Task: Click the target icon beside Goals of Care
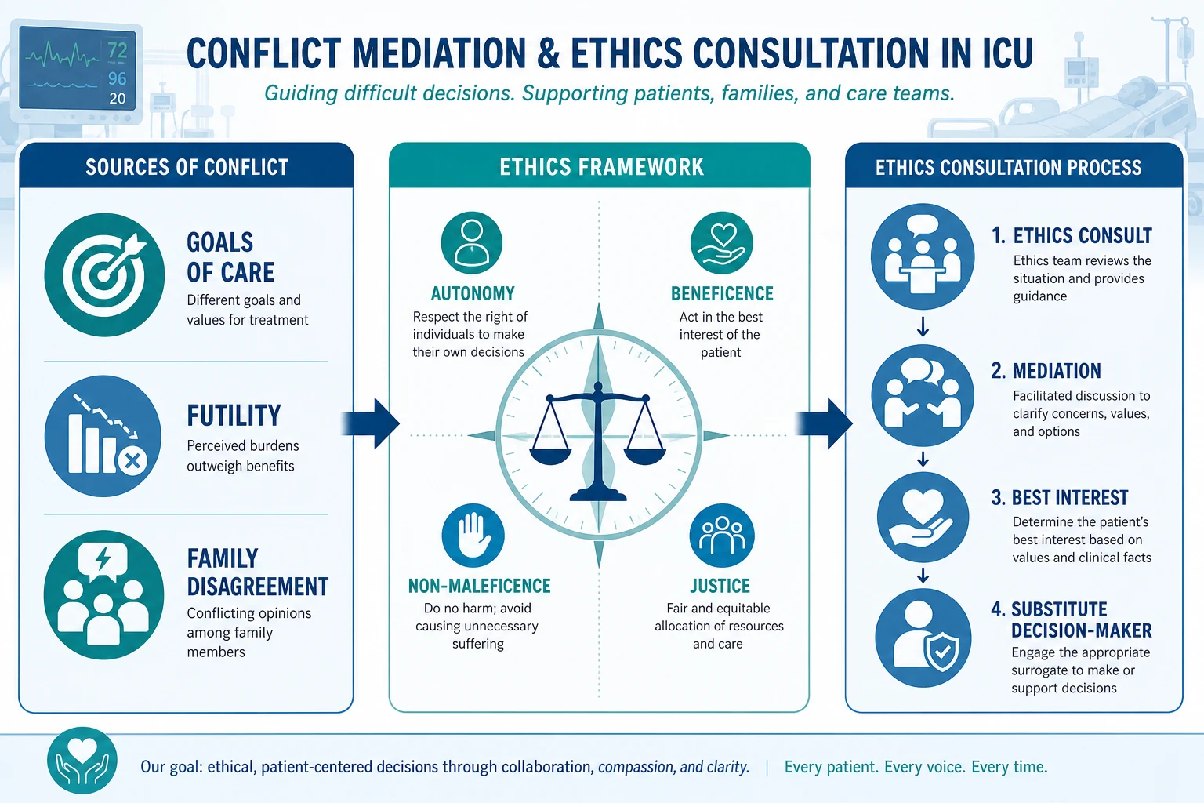(x=104, y=274)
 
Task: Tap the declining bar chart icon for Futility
(x=103, y=436)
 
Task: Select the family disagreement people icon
(x=103, y=595)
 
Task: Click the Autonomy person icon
(x=471, y=243)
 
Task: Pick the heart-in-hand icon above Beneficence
(x=722, y=243)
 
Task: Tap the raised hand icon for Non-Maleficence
(x=473, y=536)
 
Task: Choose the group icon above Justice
(x=722, y=536)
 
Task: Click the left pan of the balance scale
(x=551, y=456)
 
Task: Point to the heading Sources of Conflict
(x=187, y=167)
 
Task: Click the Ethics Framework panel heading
(x=601, y=167)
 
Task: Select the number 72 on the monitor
(x=117, y=50)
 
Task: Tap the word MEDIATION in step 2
(x=1057, y=371)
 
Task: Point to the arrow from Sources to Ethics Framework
(x=371, y=423)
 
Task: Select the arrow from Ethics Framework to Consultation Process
(x=824, y=423)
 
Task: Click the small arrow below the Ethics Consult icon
(x=923, y=326)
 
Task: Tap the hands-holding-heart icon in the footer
(x=82, y=761)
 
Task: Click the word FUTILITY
(x=234, y=416)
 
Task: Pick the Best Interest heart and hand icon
(x=923, y=518)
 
